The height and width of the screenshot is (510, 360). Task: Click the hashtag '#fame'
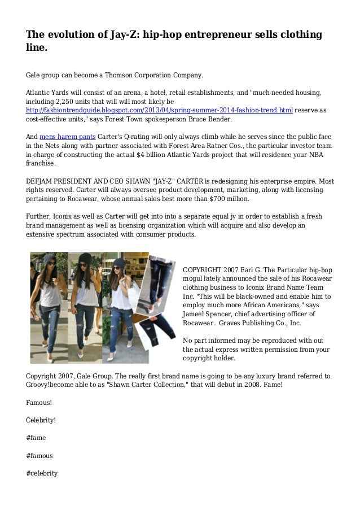(x=36, y=437)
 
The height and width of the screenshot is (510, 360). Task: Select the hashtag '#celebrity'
(x=42, y=472)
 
